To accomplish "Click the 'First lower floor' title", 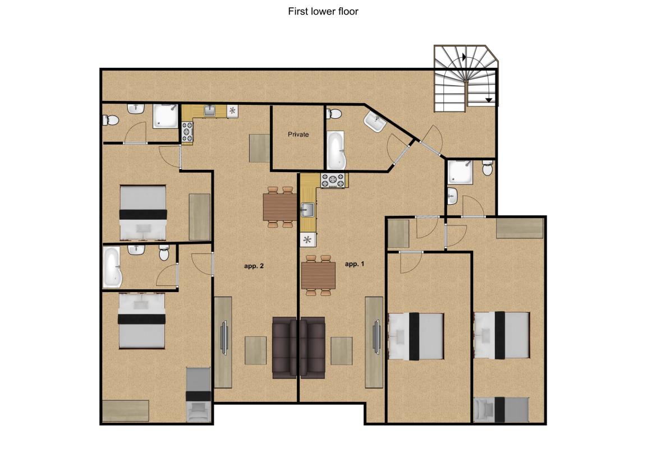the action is tap(323, 12).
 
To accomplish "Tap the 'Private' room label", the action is tap(299, 135).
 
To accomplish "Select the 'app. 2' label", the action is tap(254, 266).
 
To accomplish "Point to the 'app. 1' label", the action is tap(355, 264).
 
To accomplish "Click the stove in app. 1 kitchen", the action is tap(333, 181).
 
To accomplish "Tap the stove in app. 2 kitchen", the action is tap(187, 132).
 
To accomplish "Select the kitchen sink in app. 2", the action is tap(210, 110).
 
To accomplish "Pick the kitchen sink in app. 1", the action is tap(307, 210).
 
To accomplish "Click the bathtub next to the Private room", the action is tap(336, 150).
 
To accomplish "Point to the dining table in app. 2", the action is tap(280, 207).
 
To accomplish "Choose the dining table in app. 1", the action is tap(318, 275).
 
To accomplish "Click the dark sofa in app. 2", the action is tap(285, 348).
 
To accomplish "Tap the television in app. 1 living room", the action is tap(377, 337).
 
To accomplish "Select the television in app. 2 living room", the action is tap(224, 337).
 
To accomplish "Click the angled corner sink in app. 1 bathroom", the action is tap(375, 122).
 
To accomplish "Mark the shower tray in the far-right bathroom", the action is tap(461, 172).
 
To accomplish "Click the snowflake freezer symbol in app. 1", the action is tap(308, 239).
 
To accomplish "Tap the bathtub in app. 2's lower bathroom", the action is tap(112, 267).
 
